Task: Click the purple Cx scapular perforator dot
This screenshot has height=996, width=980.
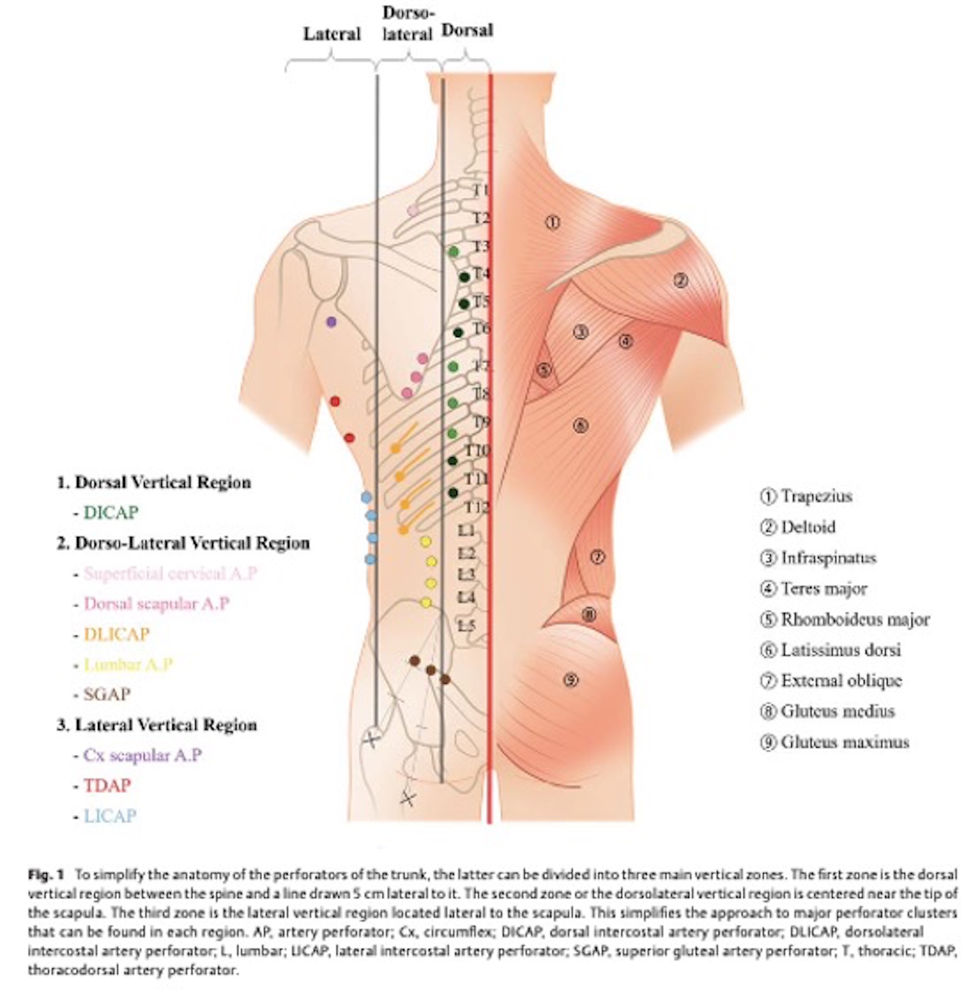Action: pos(332,322)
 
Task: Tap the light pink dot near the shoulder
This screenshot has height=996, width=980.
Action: pos(413,210)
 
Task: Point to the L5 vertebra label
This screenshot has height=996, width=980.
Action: pos(466,626)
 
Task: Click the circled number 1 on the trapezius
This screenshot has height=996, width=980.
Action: pos(552,222)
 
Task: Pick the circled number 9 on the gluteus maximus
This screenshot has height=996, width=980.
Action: pos(571,681)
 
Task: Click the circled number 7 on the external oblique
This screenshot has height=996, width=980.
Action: pos(597,557)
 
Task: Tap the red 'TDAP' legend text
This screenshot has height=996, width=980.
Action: pos(107,785)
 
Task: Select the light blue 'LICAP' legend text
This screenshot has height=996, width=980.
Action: pos(110,816)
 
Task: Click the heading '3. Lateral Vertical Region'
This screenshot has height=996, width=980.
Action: pos(157,725)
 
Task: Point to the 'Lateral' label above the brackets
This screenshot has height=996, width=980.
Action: pos(332,34)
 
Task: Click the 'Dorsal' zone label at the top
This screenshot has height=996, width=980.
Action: pos(467,30)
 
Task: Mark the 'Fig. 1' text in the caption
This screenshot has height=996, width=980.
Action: pos(46,875)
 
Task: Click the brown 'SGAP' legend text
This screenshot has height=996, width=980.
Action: pos(107,695)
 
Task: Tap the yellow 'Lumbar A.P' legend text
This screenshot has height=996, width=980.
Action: pos(128,664)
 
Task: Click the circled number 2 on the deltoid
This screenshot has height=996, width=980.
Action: pos(681,281)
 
